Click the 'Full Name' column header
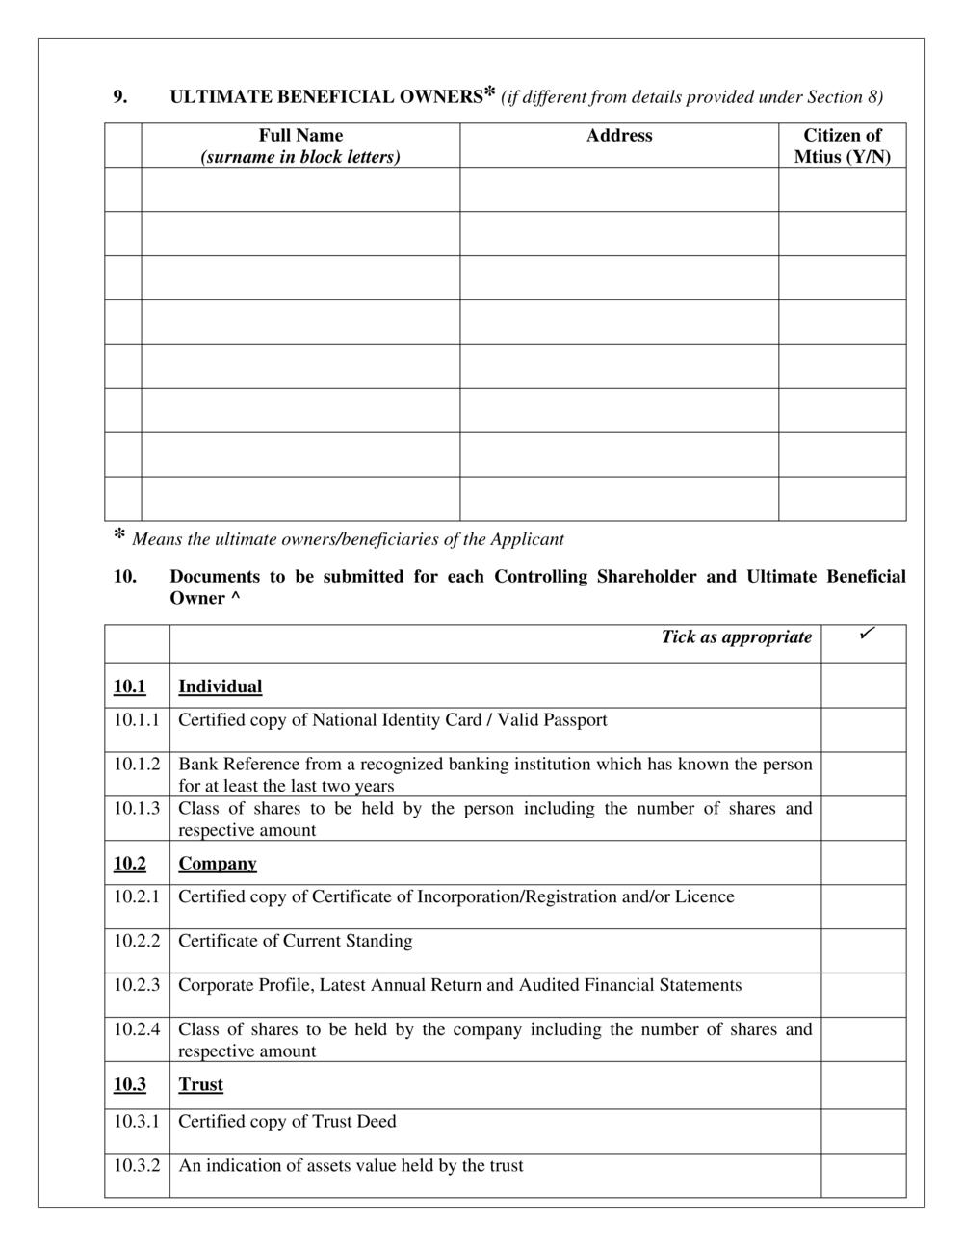(300, 136)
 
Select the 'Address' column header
(619, 136)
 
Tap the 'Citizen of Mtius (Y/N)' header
(842, 145)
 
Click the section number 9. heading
(120, 96)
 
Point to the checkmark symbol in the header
(866, 634)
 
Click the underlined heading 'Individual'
(220, 687)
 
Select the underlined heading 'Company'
(218, 863)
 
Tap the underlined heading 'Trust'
(200, 1084)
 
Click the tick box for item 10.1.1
(863, 729)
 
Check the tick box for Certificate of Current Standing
(863, 950)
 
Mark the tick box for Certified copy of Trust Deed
(863, 1130)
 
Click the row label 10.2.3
(137, 985)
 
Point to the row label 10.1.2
(137, 764)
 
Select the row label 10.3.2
(137, 1165)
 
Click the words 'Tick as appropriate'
(736, 636)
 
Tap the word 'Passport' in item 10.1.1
(575, 720)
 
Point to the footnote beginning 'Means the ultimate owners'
(348, 539)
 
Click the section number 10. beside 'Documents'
(124, 577)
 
